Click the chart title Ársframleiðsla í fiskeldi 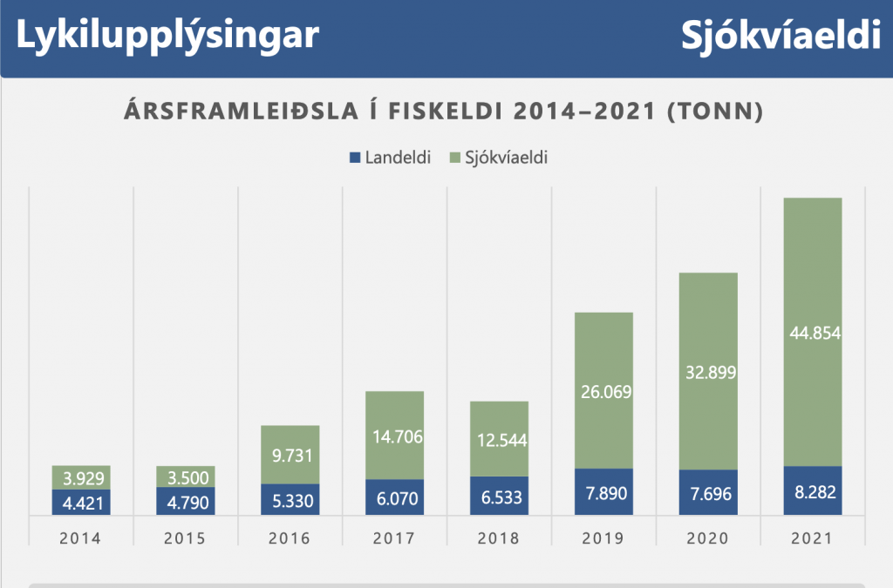click(446, 112)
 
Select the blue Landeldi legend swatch click(354, 158)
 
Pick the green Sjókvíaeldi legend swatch click(453, 158)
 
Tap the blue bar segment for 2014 click(81, 503)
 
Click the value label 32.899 click(707, 373)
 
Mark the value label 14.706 click(394, 436)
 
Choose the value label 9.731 click(290, 455)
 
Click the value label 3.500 click(185, 476)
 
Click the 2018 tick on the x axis click(499, 538)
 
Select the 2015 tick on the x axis click(185, 538)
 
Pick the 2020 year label click(707, 538)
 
